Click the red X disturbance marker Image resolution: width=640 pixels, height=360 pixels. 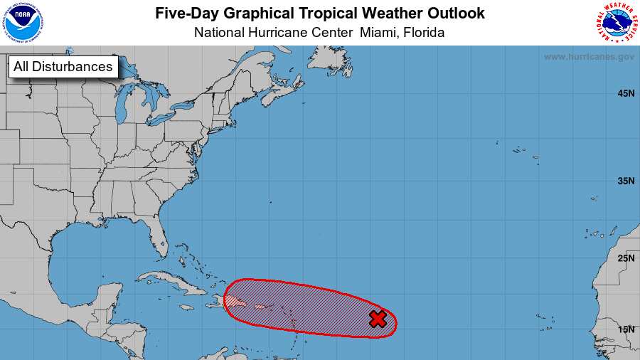[378, 319]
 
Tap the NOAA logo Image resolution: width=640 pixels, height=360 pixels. [22, 23]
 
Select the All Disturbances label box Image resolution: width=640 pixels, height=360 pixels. [63, 67]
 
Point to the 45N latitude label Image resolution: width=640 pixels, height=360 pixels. [626, 93]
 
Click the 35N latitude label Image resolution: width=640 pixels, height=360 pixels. [626, 181]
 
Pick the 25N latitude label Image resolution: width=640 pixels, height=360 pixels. [626, 258]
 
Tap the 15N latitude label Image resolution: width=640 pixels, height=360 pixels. [626, 329]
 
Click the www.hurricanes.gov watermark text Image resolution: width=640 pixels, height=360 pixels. [589, 57]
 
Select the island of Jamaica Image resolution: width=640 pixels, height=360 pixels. [186, 307]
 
